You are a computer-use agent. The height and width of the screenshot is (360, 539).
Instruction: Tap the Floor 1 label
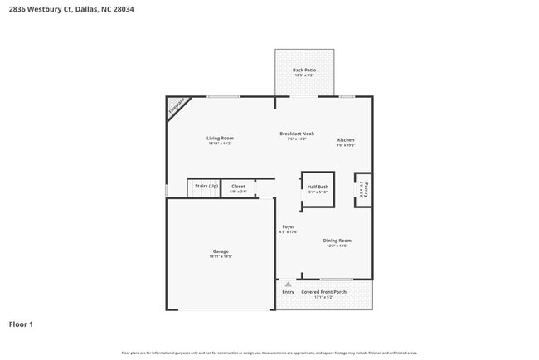pyautogui.click(x=22, y=324)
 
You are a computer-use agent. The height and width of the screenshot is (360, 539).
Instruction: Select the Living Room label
pyautogui.click(x=220, y=138)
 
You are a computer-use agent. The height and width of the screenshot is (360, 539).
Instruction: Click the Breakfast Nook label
pyautogui.click(x=296, y=134)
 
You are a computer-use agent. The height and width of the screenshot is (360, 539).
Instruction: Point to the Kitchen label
pyautogui.click(x=345, y=139)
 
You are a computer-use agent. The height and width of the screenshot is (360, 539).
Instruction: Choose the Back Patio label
pyautogui.click(x=304, y=71)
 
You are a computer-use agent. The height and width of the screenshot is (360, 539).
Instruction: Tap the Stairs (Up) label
pyautogui.click(x=206, y=186)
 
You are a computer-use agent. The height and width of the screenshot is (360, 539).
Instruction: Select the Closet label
pyautogui.click(x=238, y=186)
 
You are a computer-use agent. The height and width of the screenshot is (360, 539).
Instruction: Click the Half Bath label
pyautogui.click(x=318, y=187)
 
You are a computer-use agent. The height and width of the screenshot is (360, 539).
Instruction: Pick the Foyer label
pyautogui.click(x=288, y=226)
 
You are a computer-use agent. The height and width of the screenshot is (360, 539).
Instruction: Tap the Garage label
pyautogui.click(x=221, y=251)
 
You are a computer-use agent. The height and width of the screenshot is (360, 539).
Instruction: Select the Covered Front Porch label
pyautogui.click(x=323, y=292)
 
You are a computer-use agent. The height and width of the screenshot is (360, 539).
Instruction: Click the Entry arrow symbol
pyautogui.click(x=288, y=284)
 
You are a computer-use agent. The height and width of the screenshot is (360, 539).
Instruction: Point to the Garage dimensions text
pyautogui.click(x=221, y=257)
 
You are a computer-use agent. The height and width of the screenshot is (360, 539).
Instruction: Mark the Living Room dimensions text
pyautogui.click(x=220, y=144)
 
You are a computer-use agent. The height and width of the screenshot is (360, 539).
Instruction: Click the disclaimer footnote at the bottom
pyautogui.click(x=269, y=353)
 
